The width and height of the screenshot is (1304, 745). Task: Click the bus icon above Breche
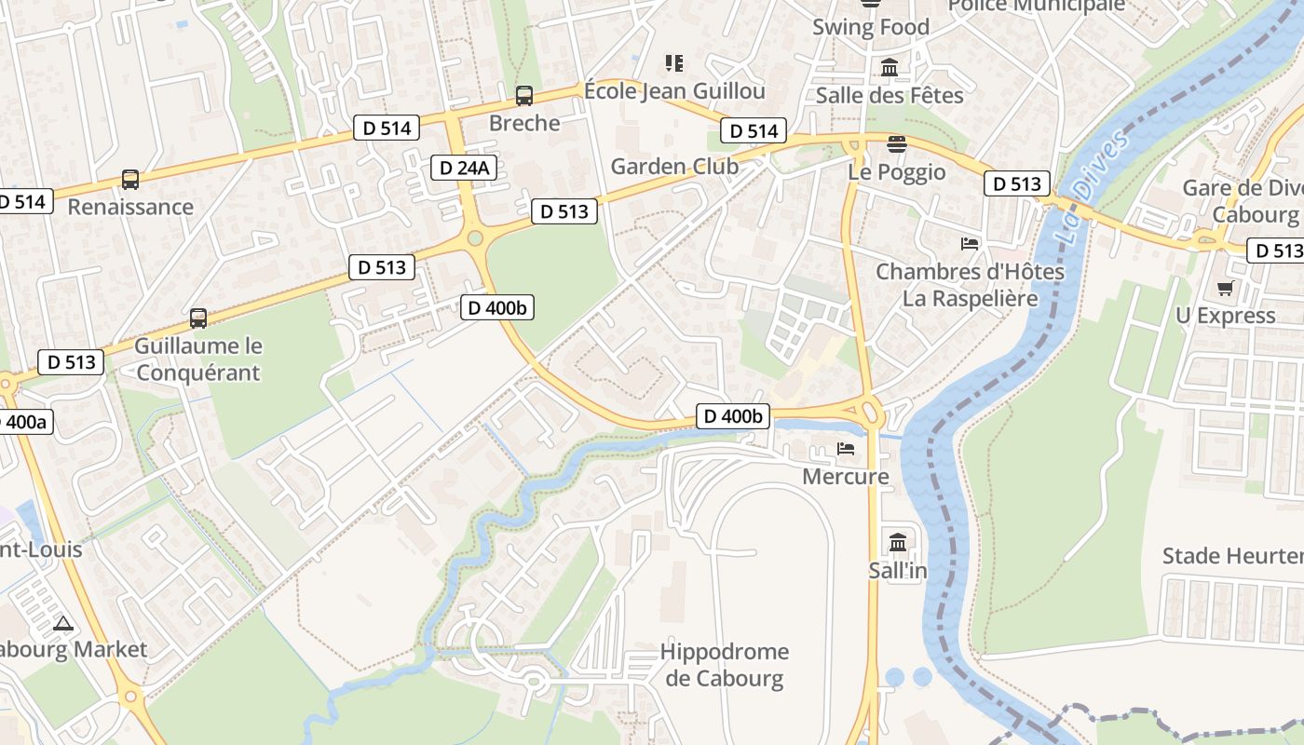[524, 95]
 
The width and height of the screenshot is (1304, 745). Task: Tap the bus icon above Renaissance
[130, 180]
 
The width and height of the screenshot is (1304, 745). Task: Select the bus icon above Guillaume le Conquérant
[198, 318]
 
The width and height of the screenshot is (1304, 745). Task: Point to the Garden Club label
[674, 167]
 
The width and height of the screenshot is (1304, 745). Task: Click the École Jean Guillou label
[674, 90]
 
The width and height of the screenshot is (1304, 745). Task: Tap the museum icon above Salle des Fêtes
[890, 67]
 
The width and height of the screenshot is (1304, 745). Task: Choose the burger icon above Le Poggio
[896, 144]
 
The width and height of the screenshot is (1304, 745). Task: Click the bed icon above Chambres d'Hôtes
[970, 244]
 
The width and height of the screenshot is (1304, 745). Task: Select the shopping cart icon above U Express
[1225, 289]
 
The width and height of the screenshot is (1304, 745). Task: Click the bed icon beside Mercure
[846, 449]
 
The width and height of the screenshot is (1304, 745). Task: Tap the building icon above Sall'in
[898, 542]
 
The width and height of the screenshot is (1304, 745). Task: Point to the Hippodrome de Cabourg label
[725, 665]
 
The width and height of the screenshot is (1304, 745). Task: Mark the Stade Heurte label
[1232, 556]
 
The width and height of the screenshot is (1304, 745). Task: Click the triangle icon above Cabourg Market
[62, 623]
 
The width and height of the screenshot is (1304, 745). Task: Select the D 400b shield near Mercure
[733, 416]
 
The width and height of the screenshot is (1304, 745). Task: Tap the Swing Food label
[871, 27]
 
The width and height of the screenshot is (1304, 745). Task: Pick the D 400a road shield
[23, 422]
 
